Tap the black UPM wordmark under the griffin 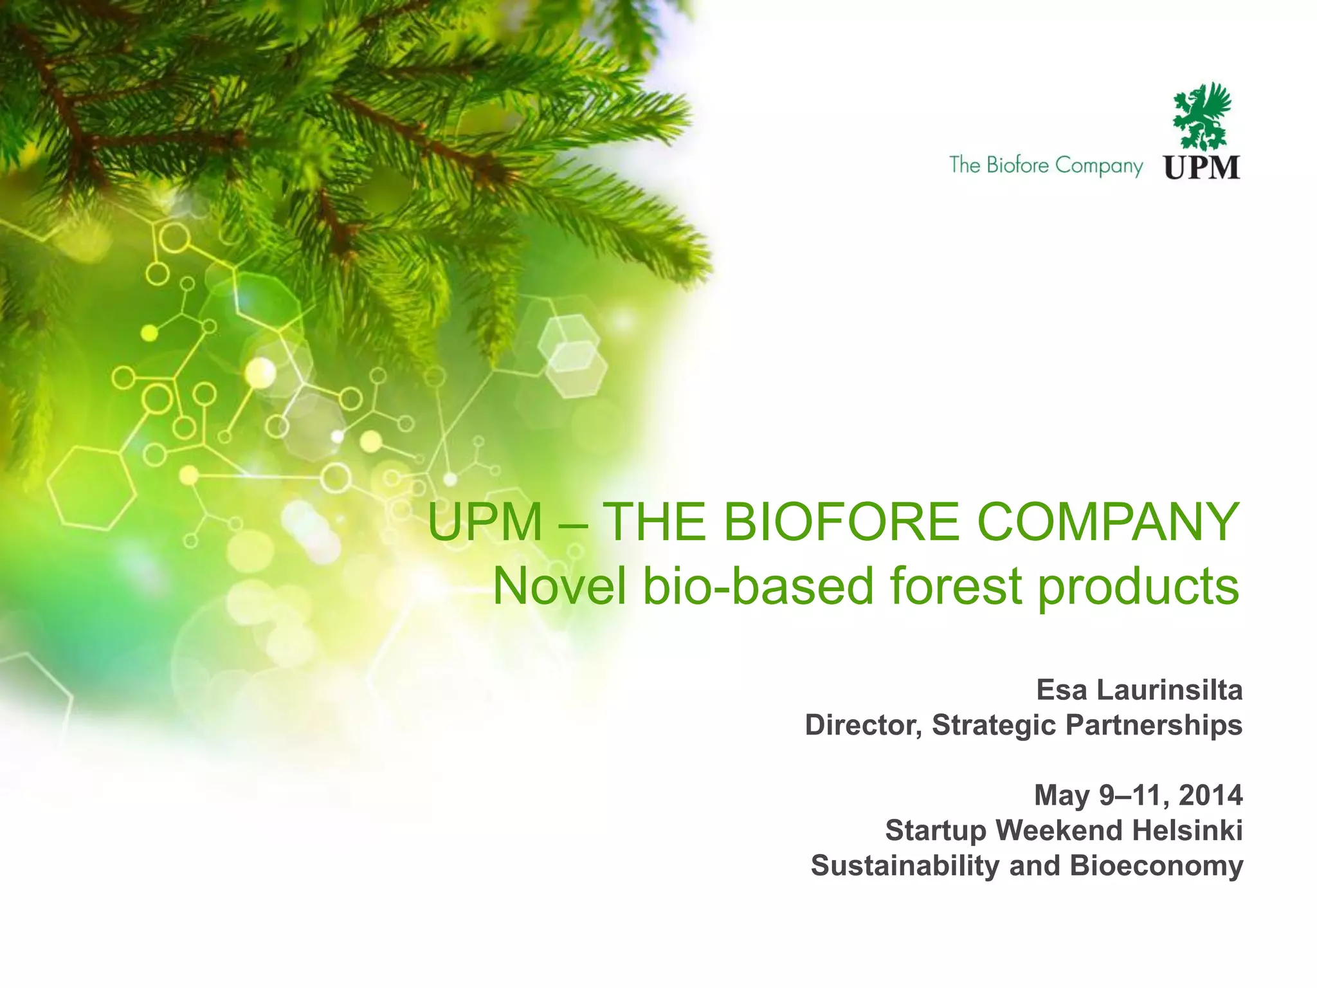(x=1201, y=167)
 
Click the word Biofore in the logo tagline (x=1017, y=165)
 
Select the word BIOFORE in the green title (x=841, y=522)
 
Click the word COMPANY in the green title (x=1107, y=522)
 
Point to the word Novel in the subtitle (x=559, y=587)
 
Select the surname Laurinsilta (x=1169, y=690)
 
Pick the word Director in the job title (x=864, y=726)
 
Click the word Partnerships (x=1154, y=726)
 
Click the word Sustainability (x=905, y=866)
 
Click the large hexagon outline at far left (x=91, y=488)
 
